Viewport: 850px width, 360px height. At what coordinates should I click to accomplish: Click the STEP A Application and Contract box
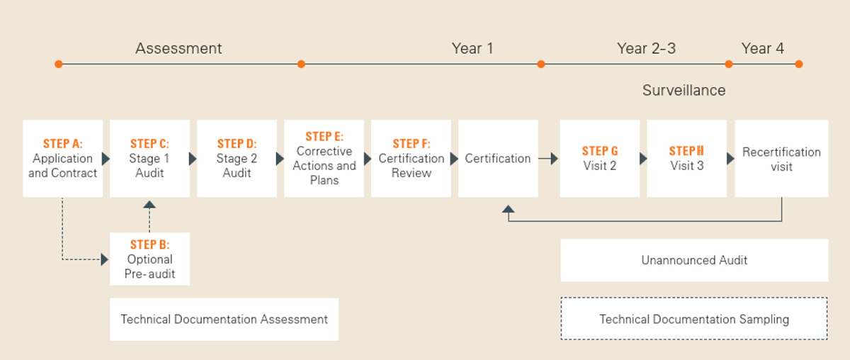(62, 158)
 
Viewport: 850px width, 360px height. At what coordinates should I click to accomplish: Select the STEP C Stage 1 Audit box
(150, 158)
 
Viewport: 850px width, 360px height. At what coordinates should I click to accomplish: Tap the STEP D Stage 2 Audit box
(237, 158)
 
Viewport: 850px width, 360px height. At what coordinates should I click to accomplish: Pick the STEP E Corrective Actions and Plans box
(324, 158)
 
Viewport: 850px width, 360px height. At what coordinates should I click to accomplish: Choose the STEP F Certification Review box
(411, 158)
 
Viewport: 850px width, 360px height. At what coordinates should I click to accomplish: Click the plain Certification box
(498, 158)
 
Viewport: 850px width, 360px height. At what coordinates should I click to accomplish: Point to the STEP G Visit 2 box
(600, 158)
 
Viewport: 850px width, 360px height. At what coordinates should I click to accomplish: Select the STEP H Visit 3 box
(687, 158)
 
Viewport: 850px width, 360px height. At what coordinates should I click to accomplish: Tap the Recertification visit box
(782, 158)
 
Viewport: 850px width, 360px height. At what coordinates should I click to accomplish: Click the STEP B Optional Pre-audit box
(150, 259)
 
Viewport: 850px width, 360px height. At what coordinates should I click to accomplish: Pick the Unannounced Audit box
(694, 260)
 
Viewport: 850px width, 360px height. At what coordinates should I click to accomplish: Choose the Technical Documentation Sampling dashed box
(694, 319)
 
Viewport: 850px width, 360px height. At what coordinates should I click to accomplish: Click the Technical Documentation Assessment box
(225, 320)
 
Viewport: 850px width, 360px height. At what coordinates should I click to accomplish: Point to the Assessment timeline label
(178, 49)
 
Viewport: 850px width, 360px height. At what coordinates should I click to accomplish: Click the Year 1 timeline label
(472, 49)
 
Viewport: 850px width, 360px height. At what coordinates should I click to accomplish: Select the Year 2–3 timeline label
(647, 49)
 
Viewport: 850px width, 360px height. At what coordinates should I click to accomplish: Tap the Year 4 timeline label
(763, 49)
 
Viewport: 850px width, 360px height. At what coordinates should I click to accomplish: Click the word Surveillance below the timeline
(684, 91)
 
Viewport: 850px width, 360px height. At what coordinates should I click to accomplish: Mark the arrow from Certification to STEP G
(548, 158)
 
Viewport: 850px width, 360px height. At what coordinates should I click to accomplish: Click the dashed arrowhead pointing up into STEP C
(149, 205)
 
